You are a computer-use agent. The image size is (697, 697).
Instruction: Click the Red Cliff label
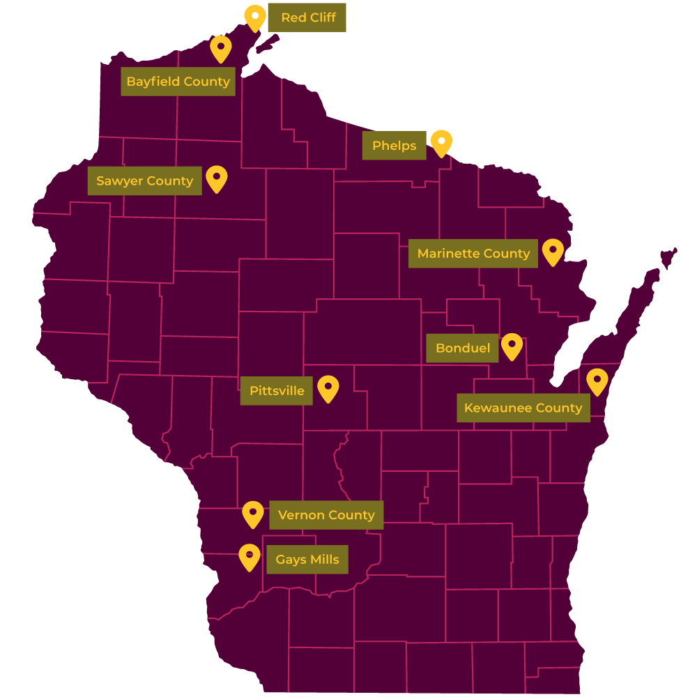tap(307, 17)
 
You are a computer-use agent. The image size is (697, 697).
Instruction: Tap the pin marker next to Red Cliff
tap(255, 17)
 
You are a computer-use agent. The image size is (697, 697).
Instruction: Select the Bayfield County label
tap(178, 82)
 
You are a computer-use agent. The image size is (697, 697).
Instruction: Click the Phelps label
tap(394, 146)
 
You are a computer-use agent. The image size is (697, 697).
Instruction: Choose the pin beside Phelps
tap(441, 142)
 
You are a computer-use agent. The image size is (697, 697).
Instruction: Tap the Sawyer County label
tap(144, 181)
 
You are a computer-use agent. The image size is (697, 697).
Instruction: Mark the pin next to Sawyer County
tap(217, 178)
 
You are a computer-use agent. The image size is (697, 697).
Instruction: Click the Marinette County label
tap(473, 254)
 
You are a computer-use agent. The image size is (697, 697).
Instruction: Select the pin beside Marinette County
tap(553, 251)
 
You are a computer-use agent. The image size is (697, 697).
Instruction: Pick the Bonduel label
tap(462, 348)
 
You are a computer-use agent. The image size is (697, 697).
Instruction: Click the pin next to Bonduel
tap(512, 345)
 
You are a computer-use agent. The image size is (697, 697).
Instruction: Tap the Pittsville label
tap(277, 391)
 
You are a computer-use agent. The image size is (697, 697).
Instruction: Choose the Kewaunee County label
tap(523, 408)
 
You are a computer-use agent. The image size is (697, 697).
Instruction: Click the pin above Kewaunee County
tap(597, 381)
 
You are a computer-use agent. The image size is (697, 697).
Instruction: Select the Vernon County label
tap(326, 515)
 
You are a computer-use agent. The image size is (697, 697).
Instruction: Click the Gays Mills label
tap(307, 560)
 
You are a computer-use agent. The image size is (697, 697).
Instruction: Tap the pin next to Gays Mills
tap(249, 556)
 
